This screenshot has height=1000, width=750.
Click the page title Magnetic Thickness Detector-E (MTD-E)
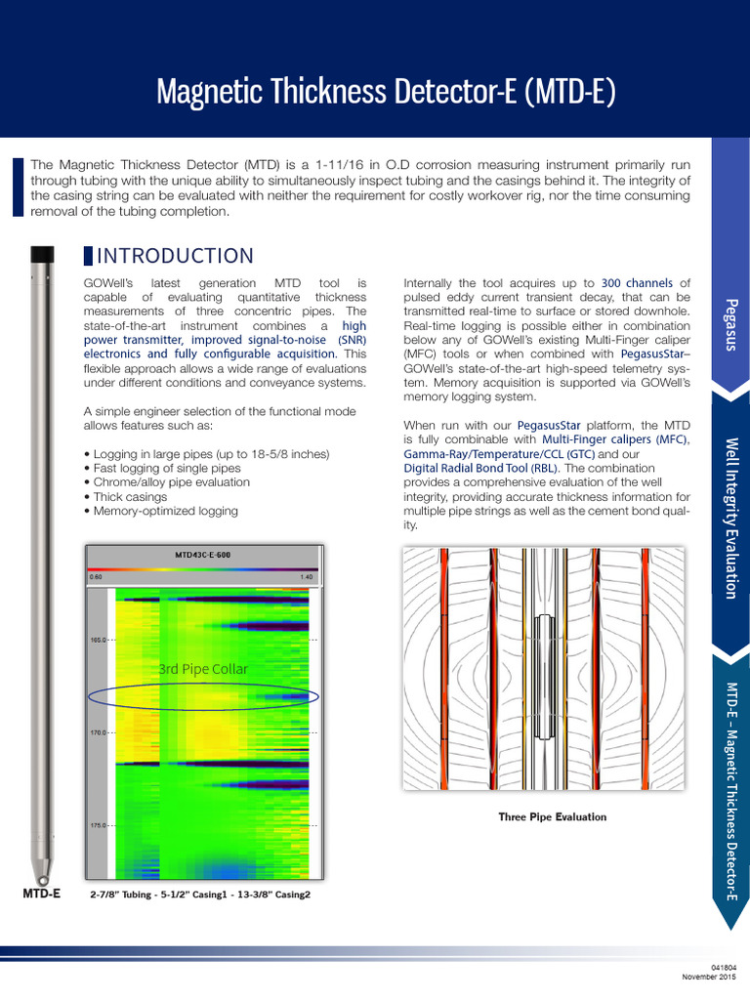(x=386, y=93)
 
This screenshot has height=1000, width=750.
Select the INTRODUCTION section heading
(x=175, y=256)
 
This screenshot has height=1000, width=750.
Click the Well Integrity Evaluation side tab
(x=730, y=518)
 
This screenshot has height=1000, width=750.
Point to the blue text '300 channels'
(x=638, y=283)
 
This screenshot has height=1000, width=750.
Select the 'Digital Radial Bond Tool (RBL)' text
(x=480, y=468)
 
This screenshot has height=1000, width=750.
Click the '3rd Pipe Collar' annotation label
(x=203, y=669)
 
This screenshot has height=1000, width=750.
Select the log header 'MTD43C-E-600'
(x=203, y=555)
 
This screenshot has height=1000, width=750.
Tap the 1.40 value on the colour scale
(x=307, y=577)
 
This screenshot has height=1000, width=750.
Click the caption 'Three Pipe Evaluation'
(x=552, y=817)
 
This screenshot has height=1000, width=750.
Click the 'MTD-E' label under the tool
(x=41, y=894)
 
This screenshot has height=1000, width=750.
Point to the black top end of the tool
(x=41, y=255)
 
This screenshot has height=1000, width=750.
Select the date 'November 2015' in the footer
(x=708, y=977)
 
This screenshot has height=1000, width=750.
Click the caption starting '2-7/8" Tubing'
(x=199, y=895)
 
